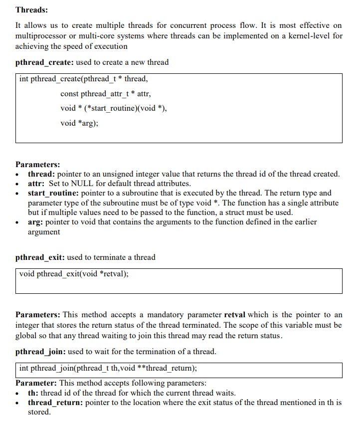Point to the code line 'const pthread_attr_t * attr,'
105,93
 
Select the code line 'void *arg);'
79,123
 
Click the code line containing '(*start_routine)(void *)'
113,108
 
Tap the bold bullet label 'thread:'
41,174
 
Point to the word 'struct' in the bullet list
242,212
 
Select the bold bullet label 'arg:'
35,222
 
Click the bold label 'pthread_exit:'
40,257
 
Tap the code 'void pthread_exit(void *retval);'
74,274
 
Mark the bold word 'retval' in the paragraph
236,315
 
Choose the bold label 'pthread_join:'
40,352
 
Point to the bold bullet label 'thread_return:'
55,403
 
